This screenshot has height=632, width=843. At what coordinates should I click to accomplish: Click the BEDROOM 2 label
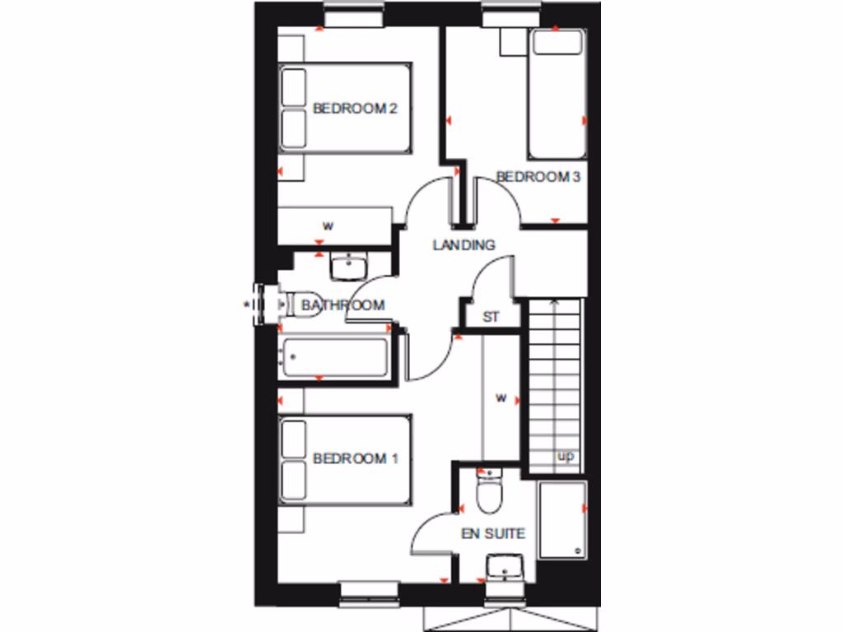356,108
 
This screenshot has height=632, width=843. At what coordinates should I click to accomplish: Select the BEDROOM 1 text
356,458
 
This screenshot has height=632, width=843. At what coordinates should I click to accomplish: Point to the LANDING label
464,244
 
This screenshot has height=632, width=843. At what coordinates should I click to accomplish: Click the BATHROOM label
342,305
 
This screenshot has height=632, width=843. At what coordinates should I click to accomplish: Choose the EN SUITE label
492,533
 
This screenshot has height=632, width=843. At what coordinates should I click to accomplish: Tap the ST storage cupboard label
491,317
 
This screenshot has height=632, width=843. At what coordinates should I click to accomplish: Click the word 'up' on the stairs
566,456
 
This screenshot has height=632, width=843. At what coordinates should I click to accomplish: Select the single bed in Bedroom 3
557,94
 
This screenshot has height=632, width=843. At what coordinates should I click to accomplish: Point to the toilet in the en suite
489,494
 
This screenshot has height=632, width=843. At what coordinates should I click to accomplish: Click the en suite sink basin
503,567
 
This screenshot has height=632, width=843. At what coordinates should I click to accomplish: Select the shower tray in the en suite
562,520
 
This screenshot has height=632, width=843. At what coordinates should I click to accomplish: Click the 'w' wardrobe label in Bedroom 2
328,225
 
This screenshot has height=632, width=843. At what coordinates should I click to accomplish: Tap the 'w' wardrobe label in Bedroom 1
501,398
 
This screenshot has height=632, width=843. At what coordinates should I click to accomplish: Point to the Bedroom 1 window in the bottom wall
368,589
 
